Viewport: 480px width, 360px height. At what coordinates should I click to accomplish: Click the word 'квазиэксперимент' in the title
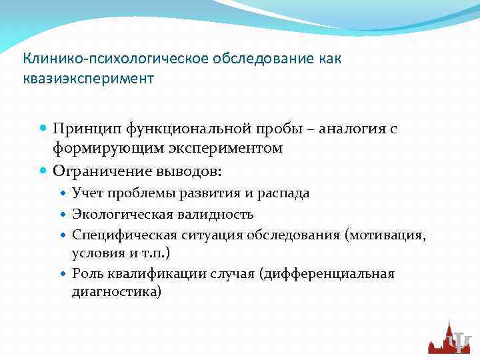pyautogui.click(x=89, y=79)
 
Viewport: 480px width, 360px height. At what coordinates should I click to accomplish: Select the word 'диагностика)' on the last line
pyautogui.click(x=116, y=292)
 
